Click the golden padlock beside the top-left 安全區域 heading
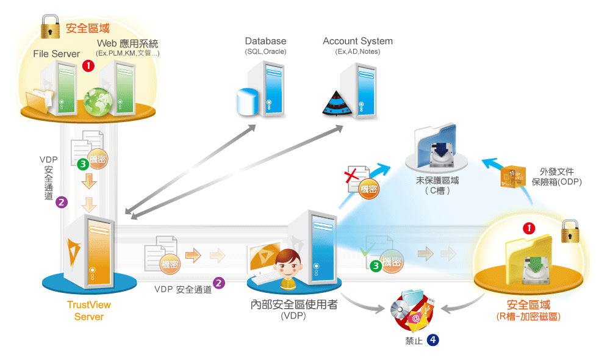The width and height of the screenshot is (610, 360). tap(49, 27)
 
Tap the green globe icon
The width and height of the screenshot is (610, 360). tap(96, 102)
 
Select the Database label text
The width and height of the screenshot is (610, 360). tap(265, 41)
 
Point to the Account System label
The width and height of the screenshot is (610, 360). tap(357, 41)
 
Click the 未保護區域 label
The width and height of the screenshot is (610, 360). tap(438, 181)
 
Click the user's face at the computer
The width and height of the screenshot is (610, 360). tap(286, 267)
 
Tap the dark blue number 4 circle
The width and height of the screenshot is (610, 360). tap(432, 340)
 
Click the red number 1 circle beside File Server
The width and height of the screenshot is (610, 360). tap(88, 65)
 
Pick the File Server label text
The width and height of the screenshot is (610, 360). tap(57, 54)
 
